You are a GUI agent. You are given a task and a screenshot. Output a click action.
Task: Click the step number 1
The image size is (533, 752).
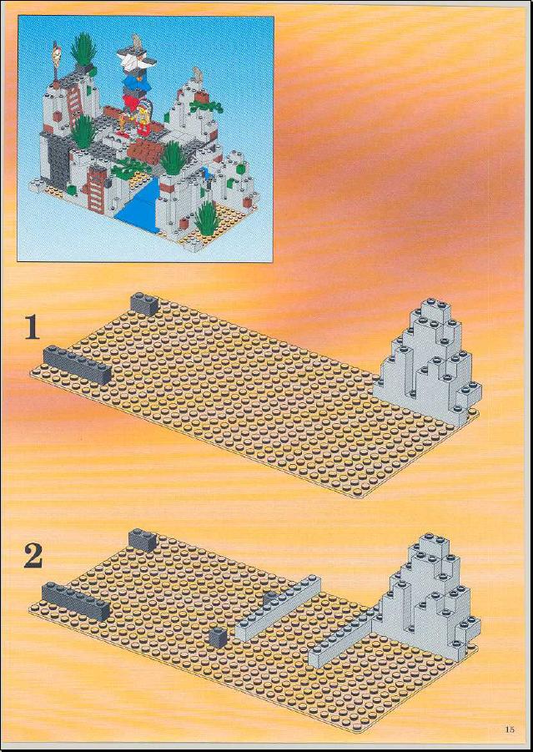tap(33, 329)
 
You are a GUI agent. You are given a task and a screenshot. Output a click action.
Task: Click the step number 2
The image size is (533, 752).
tap(33, 558)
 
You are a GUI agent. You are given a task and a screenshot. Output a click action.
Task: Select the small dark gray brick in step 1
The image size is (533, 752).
tap(144, 304)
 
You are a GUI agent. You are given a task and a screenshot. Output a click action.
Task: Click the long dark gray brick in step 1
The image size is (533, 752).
tap(77, 365)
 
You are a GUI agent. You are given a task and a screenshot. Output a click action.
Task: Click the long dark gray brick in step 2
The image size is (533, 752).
tap(75, 602)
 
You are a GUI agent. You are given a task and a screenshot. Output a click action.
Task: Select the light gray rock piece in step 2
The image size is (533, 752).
tap(429, 595)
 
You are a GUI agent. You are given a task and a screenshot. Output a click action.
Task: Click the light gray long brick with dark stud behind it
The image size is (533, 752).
tap(278, 608)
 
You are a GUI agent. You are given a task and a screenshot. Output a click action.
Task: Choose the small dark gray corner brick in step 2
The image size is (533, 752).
tap(143, 539)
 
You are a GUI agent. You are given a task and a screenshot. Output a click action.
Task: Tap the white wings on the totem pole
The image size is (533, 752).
tap(137, 62)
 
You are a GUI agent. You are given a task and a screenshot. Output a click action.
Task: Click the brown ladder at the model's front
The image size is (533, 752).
tap(97, 189)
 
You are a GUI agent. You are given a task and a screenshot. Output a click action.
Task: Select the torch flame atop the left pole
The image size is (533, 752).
tap(57, 48)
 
